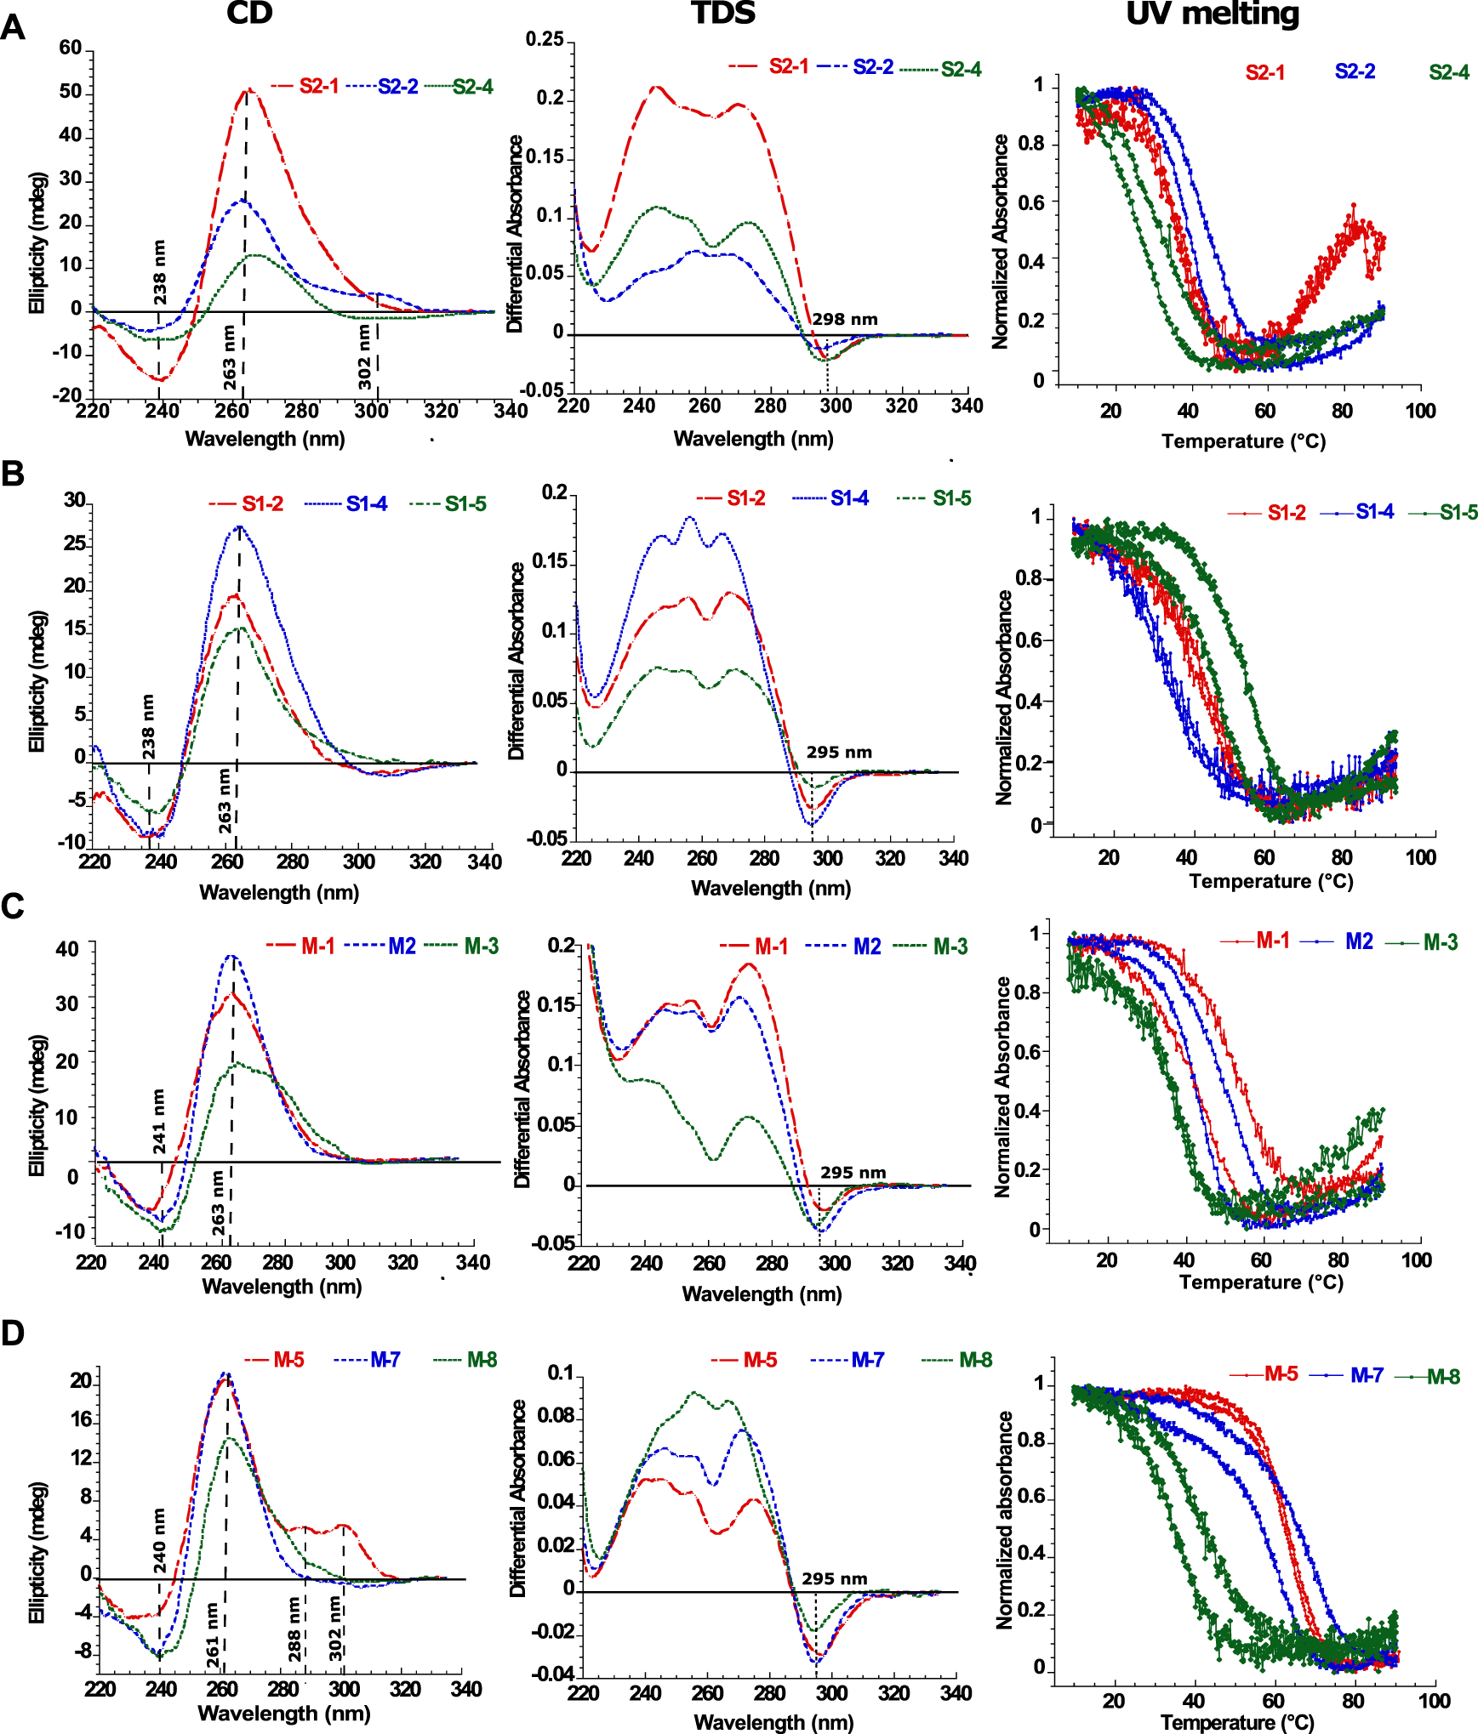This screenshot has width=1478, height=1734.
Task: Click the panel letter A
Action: [x=13, y=28]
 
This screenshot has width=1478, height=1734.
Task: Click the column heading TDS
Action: [x=723, y=13]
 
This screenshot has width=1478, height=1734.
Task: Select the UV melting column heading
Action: [x=1212, y=13]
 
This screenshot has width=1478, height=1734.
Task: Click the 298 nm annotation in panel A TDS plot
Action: [x=844, y=320]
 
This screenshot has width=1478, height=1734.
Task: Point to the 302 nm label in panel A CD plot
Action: [x=364, y=357]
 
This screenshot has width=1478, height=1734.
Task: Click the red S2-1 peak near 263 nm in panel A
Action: [x=248, y=89]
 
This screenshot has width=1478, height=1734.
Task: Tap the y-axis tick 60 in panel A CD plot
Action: [x=71, y=48]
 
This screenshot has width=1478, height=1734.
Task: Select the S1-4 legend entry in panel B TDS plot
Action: [x=848, y=498]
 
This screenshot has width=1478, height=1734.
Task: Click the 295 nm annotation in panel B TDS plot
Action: [x=839, y=753]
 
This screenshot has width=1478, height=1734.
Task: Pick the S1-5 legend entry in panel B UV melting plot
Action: [x=1458, y=512]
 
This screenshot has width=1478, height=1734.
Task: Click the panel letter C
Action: [x=13, y=907]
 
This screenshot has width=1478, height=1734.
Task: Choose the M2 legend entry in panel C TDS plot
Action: [x=866, y=947]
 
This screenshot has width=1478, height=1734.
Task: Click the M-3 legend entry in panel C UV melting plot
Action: [x=1440, y=942]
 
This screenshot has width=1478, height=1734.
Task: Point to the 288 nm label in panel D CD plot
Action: [x=294, y=1629]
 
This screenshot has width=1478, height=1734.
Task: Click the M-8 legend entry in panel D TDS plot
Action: [x=975, y=1360]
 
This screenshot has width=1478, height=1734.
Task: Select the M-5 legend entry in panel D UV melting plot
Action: [x=1281, y=1373]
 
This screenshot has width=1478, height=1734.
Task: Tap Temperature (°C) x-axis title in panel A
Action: [x=1243, y=441]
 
